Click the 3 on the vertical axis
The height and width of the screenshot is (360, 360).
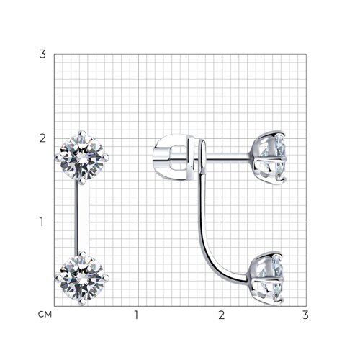[x=42, y=55]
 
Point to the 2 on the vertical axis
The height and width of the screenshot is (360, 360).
[x=42, y=138]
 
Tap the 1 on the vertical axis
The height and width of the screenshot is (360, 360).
[x=42, y=222]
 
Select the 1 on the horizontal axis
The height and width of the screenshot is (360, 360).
[x=137, y=315]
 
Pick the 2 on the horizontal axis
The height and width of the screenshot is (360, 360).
[x=222, y=315]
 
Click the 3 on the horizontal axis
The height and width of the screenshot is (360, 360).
[x=305, y=315]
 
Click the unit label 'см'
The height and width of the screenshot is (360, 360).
[x=45, y=314]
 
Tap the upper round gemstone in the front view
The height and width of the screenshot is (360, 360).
[x=82, y=158]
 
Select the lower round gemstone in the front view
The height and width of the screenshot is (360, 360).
[x=82, y=279]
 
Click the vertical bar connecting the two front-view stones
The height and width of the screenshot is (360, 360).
[x=82, y=218]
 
